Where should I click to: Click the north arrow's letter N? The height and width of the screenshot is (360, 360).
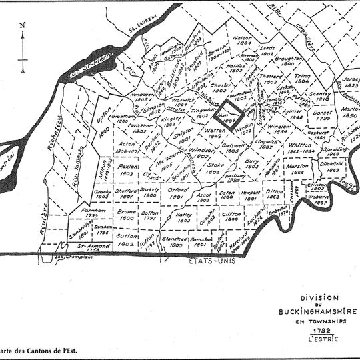[x=23, y=25]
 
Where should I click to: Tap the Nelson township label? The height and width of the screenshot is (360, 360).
[x=244, y=39]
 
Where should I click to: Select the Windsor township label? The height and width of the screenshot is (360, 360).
[x=193, y=154]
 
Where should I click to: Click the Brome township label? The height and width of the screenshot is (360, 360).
[x=127, y=212]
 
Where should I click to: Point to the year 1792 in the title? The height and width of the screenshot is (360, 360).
[x=309, y=330]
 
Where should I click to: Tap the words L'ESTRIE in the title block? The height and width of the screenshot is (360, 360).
[x=309, y=339]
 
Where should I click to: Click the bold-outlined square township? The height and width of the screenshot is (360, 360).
[x=234, y=109]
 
